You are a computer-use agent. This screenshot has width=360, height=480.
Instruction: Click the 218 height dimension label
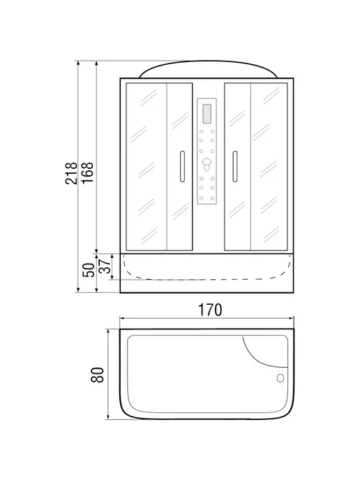click(71, 173)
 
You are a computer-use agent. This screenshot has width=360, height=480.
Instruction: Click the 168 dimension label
click(87, 173)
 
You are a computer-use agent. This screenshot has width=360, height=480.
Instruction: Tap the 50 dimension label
click(89, 270)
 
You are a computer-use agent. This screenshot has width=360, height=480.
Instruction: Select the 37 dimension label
click(104, 266)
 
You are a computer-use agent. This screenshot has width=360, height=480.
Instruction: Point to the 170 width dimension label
click(210, 310)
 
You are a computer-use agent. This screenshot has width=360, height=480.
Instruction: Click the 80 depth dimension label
click(98, 375)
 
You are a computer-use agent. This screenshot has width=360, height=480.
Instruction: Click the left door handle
click(182, 167)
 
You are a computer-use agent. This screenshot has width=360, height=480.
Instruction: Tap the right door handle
click(235, 167)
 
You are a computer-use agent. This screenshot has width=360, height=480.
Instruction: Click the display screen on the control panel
click(207, 114)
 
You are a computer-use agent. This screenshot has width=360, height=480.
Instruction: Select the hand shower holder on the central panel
click(207, 164)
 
